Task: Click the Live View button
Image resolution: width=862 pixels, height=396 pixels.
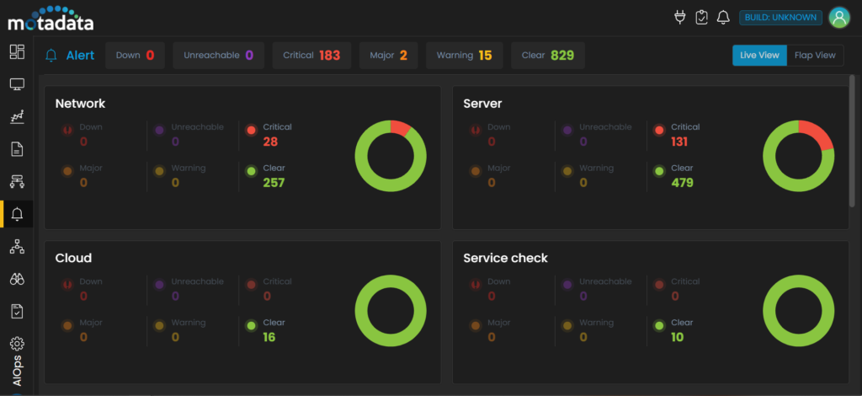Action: pyautogui.click(x=759, y=56)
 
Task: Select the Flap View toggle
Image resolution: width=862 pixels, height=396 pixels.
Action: pyautogui.click(x=815, y=56)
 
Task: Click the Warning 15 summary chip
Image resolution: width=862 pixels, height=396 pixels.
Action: pyautogui.click(x=464, y=56)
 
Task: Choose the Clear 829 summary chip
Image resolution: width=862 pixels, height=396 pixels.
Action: pyautogui.click(x=547, y=56)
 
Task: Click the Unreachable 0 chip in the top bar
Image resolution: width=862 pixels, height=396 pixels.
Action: pyautogui.click(x=218, y=56)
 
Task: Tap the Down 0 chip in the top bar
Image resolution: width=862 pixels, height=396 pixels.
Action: pyautogui.click(x=135, y=56)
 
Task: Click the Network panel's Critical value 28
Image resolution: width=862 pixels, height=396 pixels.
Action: pyautogui.click(x=270, y=142)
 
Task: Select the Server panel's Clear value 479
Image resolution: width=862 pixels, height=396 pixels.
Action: pyautogui.click(x=682, y=182)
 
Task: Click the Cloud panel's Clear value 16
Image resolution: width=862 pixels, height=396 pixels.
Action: pyautogui.click(x=269, y=337)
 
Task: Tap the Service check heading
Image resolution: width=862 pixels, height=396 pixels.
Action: pyautogui.click(x=505, y=258)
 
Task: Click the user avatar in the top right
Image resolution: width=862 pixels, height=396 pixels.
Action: pyautogui.click(x=838, y=18)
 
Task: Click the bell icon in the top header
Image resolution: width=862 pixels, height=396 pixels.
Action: pyautogui.click(x=722, y=18)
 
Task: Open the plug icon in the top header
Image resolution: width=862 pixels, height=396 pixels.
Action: pyautogui.click(x=681, y=18)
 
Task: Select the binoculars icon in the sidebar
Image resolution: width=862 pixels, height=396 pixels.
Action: pyautogui.click(x=17, y=279)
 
